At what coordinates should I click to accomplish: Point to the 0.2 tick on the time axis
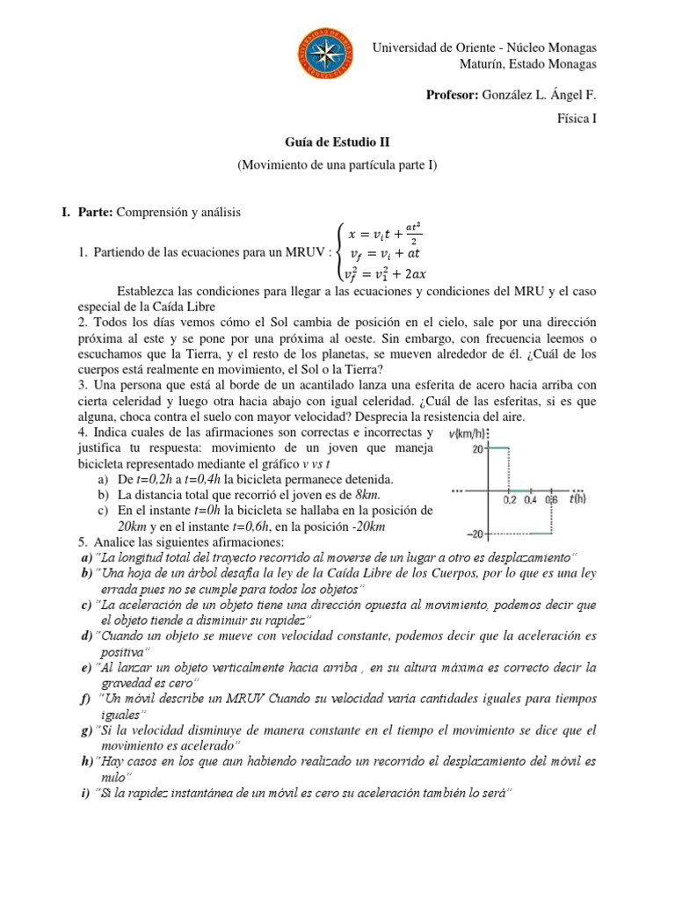pyautogui.click(x=510, y=499)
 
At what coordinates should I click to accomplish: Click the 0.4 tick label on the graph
pyautogui.click(x=530, y=499)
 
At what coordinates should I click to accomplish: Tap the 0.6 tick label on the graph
pyautogui.click(x=551, y=499)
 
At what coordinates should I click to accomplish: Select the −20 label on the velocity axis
pyautogui.click(x=474, y=533)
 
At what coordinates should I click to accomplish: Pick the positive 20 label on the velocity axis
pyautogui.click(x=477, y=448)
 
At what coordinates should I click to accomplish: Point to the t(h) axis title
pyautogui.click(x=577, y=498)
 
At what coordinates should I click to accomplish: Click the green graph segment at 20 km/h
pyautogui.click(x=498, y=448)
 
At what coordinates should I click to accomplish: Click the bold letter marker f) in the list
pyautogui.click(x=83, y=699)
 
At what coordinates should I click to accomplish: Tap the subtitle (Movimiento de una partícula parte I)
pyautogui.click(x=337, y=165)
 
